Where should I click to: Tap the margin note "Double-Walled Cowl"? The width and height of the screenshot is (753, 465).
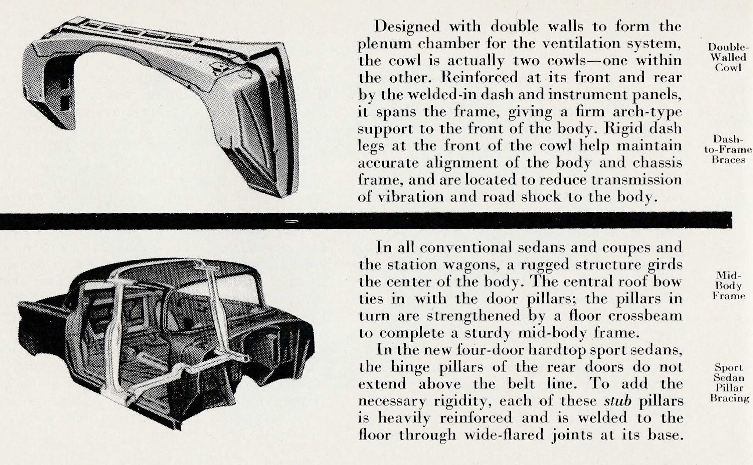tap(728, 57)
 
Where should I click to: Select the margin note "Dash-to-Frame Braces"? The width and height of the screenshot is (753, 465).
tap(728, 149)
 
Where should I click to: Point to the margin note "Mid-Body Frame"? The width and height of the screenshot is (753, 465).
tap(728, 286)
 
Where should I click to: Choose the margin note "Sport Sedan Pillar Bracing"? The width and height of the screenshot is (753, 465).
tap(729, 383)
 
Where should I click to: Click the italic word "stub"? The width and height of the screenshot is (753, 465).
tap(618, 401)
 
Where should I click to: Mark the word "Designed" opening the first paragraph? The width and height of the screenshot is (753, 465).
tap(407, 27)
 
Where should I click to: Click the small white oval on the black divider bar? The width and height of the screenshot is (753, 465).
tap(291, 221)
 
